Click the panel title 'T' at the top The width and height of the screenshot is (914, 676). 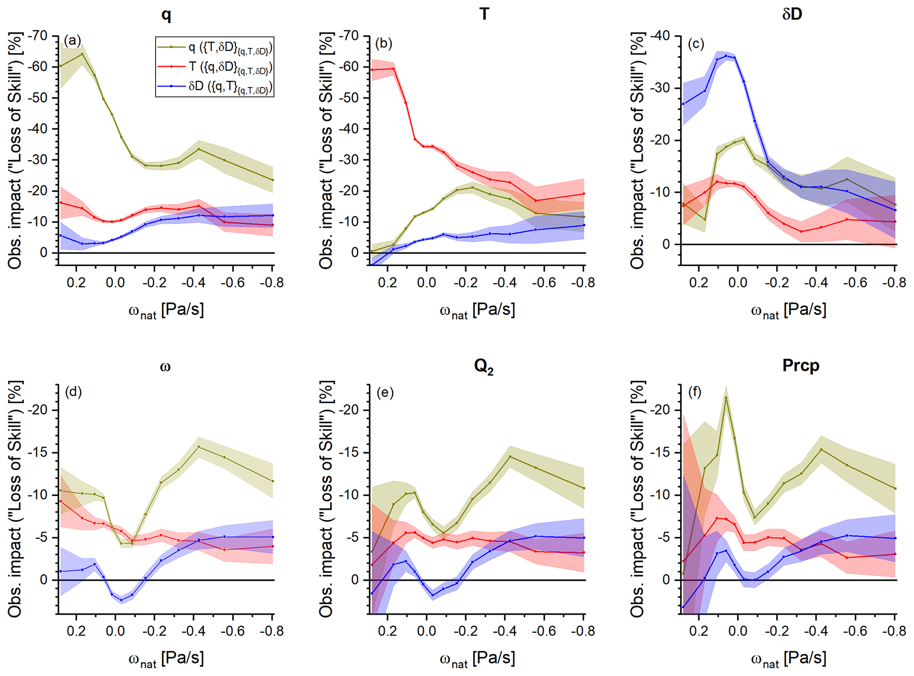point(484,14)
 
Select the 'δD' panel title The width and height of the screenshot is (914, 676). point(792,14)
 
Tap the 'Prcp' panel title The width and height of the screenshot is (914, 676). point(800,365)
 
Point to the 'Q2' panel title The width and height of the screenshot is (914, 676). point(484,367)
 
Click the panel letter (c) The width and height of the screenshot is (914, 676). point(696,44)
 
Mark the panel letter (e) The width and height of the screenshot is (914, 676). point(385,393)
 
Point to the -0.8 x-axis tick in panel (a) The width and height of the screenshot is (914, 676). point(272,282)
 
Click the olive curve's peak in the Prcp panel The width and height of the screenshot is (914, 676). point(726,398)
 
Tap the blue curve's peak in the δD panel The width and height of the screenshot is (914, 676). point(726,56)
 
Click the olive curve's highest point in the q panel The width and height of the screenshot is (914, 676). point(82,54)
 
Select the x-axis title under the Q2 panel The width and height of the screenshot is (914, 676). point(478,658)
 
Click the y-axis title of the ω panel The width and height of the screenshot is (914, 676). point(15,499)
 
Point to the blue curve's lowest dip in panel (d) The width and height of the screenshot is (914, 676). point(121,600)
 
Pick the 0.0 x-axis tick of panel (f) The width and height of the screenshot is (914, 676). point(738,631)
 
